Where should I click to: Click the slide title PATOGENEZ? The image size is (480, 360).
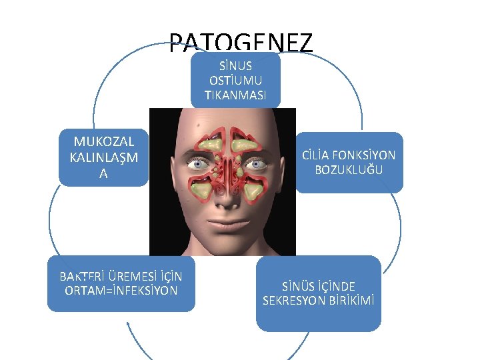pos(240,43)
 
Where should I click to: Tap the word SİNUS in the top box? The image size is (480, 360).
pos(235,67)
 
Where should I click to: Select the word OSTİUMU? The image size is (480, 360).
pos(235,81)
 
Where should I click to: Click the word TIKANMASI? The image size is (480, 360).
pos(235,96)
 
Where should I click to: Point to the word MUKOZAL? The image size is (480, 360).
pos(104,141)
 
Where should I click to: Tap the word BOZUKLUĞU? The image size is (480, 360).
pos(349,170)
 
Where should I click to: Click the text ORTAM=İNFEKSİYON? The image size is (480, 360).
pos(121,291)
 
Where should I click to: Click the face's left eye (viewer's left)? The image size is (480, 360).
pos(197,163)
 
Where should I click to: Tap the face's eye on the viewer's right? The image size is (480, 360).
pos(253,163)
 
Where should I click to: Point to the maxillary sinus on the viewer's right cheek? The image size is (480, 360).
pos(253,191)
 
